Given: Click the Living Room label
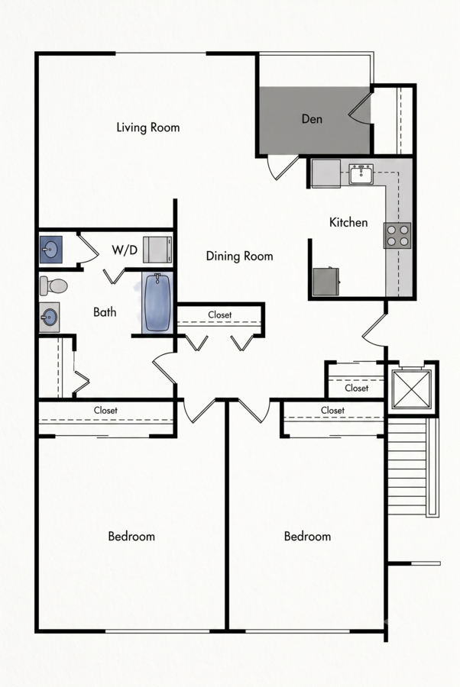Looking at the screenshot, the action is pyautogui.click(x=147, y=127).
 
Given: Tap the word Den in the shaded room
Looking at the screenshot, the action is pyautogui.click(x=312, y=119).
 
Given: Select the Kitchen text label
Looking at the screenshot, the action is pyautogui.click(x=348, y=222).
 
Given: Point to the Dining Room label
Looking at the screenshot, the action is pyautogui.click(x=239, y=256).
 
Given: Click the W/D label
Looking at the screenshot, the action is pyautogui.click(x=125, y=250).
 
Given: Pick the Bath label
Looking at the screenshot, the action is pyautogui.click(x=105, y=312).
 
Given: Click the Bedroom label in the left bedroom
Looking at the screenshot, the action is pyautogui.click(x=131, y=537).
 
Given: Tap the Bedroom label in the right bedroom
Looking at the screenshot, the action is pyautogui.click(x=307, y=537).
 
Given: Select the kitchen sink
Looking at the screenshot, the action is pyautogui.click(x=361, y=174).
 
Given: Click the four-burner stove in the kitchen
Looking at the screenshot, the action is pyautogui.click(x=397, y=235).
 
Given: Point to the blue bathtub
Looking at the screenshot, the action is pyautogui.click(x=157, y=302).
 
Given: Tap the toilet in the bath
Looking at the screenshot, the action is pyautogui.click(x=53, y=286).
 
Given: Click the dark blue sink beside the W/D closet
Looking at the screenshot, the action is pyautogui.click(x=51, y=250).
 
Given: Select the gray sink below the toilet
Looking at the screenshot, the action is pyautogui.click(x=50, y=317).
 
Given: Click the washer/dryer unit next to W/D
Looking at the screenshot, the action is pyautogui.click(x=157, y=250).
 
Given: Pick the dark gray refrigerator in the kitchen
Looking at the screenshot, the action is pyautogui.click(x=326, y=281).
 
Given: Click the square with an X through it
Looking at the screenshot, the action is pyautogui.click(x=411, y=389).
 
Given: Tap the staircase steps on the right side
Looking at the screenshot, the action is pyautogui.click(x=407, y=466).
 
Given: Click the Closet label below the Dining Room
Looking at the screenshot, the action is pyautogui.click(x=220, y=315).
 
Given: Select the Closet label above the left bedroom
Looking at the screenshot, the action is pyautogui.click(x=105, y=411).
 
